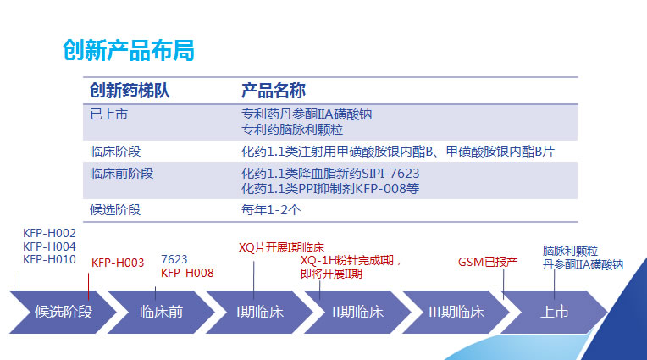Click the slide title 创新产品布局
click(x=129, y=51)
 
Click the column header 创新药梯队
click(x=130, y=91)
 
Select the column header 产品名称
click(x=274, y=91)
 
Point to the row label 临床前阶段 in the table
click(x=121, y=174)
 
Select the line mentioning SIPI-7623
click(x=330, y=174)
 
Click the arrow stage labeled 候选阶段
click(x=64, y=311)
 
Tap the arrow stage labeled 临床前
click(x=161, y=311)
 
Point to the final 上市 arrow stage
click(x=555, y=311)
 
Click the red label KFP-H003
click(x=118, y=263)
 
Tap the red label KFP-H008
click(x=187, y=273)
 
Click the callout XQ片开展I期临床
click(x=281, y=247)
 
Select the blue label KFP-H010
click(x=49, y=259)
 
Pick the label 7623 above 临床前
click(x=174, y=258)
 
